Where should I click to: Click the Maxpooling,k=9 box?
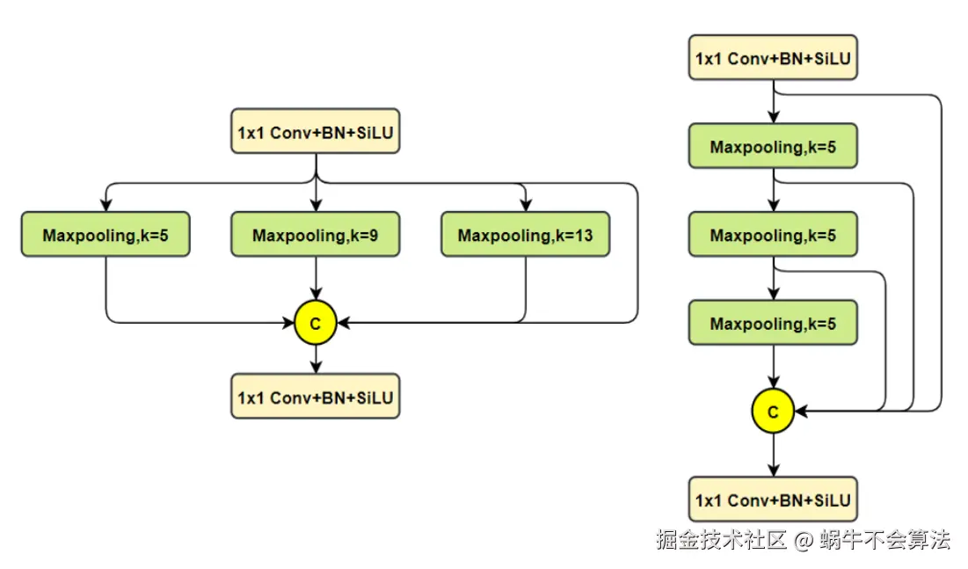click(x=316, y=235)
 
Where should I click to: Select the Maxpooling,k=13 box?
click(x=525, y=235)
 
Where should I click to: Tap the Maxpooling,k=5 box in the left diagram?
click(x=106, y=235)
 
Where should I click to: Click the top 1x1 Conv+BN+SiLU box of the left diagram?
click(x=316, y=132)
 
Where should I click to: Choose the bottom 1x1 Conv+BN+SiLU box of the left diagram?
click(x=316, y=398)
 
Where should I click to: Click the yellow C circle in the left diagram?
click(x=316, y=323)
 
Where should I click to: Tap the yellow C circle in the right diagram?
click(x=773, y=411)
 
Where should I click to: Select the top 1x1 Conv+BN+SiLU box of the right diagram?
click(x=773, y=58)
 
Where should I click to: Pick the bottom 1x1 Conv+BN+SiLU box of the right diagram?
click(x=773, y=500)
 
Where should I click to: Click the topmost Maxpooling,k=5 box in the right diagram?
click(x=773, y=146)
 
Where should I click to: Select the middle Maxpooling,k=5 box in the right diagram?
click(x=773, y=235)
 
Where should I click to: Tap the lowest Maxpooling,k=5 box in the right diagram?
click(x=773, y=323)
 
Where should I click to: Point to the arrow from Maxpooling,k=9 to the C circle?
click(x=316, y=279)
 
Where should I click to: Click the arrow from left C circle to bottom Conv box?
click(x=316, y=359)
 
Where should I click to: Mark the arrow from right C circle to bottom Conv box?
click(x=773, y=455)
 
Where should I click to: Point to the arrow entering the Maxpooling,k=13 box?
click(x=525, y=201)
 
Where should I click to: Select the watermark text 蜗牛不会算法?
click(x=885, y=539)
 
